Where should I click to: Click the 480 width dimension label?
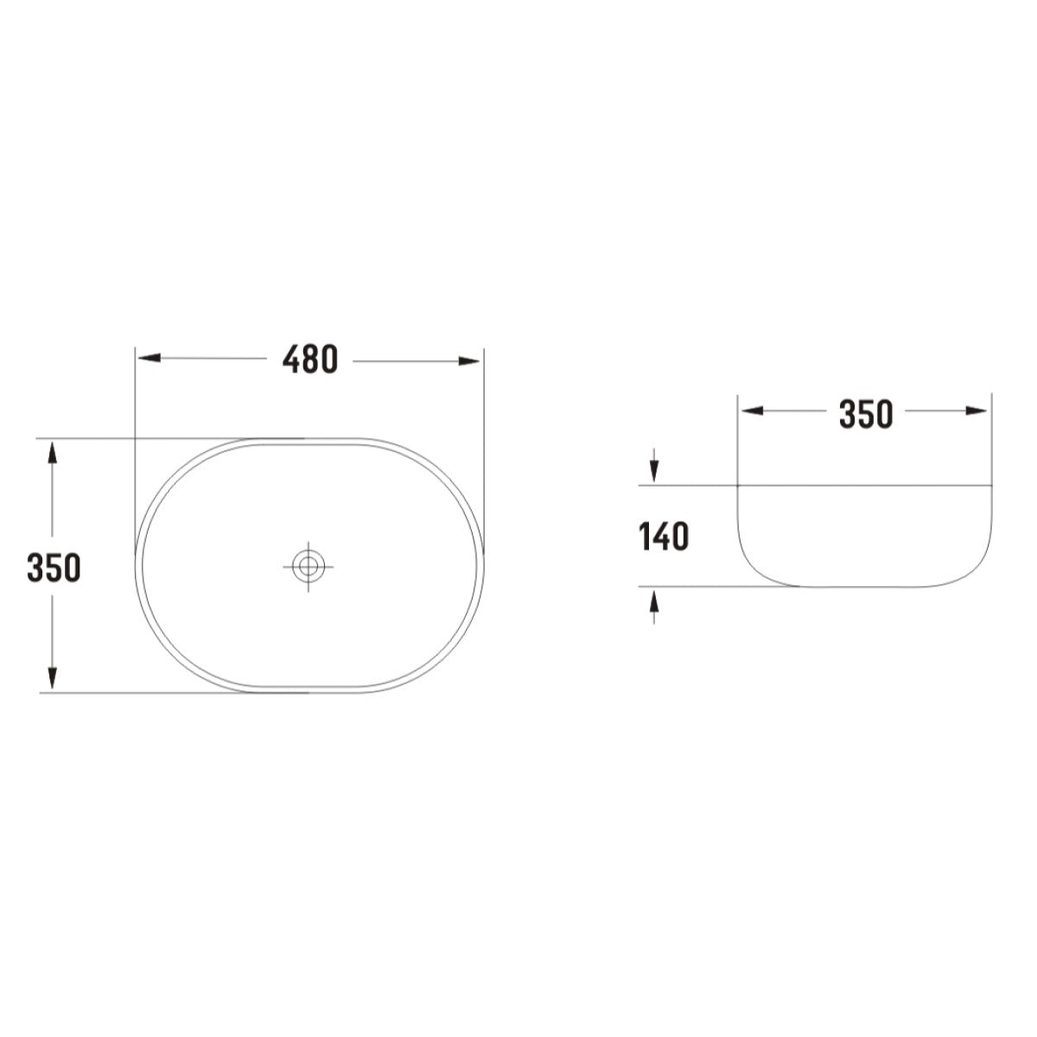[309, 359]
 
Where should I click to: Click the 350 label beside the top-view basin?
[54, 568]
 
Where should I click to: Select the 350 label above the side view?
[865, 415]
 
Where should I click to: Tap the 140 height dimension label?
[664, 538]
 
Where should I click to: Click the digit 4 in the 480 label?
[291, 359]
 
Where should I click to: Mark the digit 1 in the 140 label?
[643, 538]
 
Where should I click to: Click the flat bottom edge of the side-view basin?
[864, 587]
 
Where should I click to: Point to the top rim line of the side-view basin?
[864, 486]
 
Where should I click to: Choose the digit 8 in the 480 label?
[309, 359]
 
